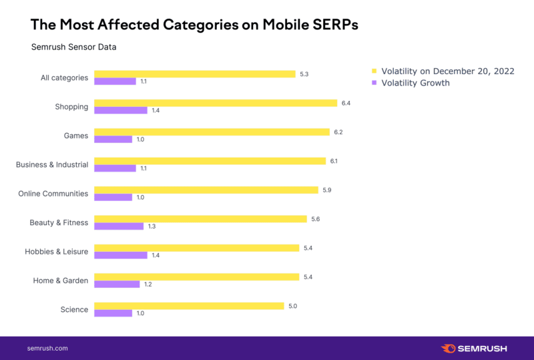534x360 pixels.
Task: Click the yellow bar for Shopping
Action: [216, 103]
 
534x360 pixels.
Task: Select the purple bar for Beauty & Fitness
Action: [119, 226]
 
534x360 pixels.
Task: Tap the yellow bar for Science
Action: [189, 306]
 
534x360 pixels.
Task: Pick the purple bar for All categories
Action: [115, 81]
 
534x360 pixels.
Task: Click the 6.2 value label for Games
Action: [338, 132]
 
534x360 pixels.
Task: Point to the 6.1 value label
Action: [334, 161]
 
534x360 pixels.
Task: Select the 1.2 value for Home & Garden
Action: [148, 285]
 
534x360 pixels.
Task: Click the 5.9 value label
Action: [326, 190]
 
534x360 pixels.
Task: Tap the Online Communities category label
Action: [53, 194]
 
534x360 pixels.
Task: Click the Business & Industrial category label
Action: [52, 164]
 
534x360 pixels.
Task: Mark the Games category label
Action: [76, 136]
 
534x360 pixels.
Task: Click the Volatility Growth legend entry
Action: [415, 83]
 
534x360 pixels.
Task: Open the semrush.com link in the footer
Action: [47, 349]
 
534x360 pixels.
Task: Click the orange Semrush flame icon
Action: [449, 349]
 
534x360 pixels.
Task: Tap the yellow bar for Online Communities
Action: [206, 190]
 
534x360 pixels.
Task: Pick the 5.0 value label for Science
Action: [292, 306]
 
